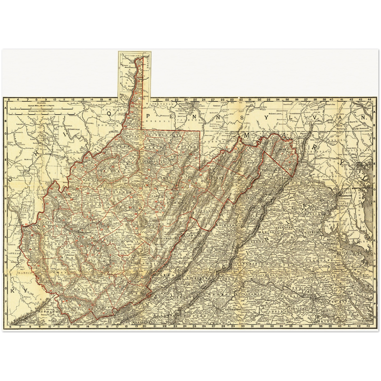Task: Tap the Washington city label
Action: [345, 196]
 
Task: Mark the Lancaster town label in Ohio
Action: [20, 123]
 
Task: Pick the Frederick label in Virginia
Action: [270, 170]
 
